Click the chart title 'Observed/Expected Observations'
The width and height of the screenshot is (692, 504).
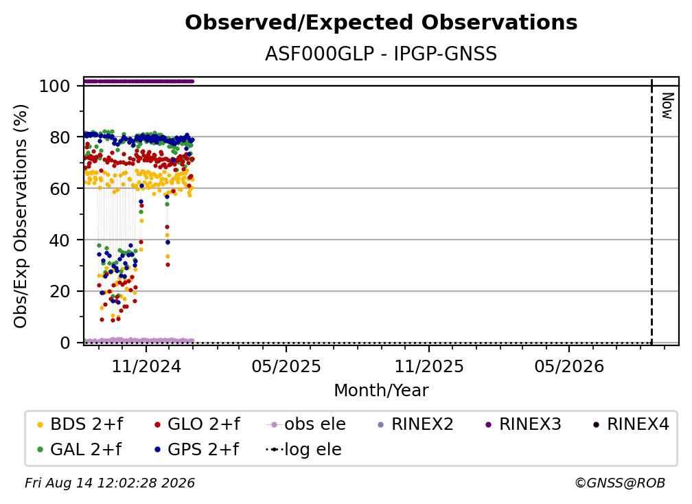[x=381, y=23]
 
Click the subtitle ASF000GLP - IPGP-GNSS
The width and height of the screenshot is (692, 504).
[x=381, y=54]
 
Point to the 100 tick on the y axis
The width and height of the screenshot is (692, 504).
[x=55, y=86]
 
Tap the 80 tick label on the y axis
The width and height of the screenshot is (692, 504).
[x=60, y=138]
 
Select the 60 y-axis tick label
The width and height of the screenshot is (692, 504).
[x=60, y=189]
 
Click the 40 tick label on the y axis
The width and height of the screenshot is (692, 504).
[x=60, y=240]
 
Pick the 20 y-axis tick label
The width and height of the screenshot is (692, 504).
[x=60, y=292]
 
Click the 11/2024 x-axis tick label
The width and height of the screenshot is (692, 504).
[x=146, y=366]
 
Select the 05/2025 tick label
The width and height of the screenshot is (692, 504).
[x=286, y=366]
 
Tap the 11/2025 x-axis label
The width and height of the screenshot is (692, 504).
[x=429, y=366]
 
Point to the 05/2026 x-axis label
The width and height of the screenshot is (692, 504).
[x=569, y=366]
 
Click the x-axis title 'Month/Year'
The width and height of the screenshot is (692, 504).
[x=381, y=391]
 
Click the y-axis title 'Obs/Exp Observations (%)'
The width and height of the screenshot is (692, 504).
[x=21, y=216]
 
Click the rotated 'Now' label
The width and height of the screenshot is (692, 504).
[x=667, y=106]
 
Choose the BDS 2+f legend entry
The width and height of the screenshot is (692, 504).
[x=80, y=424]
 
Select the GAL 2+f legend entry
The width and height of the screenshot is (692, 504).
[x=80, y=449]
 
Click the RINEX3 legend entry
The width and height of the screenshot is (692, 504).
[x=523, y=424]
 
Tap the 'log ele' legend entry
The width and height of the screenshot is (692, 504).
[x=303, y=449]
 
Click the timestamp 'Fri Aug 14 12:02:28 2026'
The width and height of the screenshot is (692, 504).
[x=110, y=483]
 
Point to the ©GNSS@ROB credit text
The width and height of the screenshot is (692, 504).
[x=620, y=483]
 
